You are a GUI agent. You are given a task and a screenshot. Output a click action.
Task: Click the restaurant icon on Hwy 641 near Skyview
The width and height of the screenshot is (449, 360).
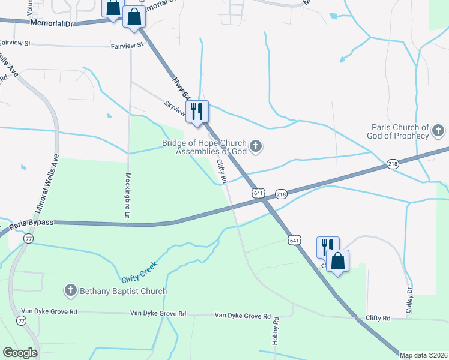point(197,111)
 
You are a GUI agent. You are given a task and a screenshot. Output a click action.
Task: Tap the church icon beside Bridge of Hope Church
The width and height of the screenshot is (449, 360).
point(256,146)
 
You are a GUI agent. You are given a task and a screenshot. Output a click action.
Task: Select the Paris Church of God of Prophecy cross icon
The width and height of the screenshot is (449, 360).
point(438,130)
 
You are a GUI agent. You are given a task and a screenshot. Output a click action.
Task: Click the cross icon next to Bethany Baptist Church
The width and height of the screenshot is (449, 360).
point(70,290)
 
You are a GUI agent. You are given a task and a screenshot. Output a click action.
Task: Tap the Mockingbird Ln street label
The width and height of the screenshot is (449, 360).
point(127,195)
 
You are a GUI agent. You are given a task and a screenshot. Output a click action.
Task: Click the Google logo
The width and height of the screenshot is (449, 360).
point(20,353)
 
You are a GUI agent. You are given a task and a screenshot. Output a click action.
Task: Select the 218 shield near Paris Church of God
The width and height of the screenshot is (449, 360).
point(393,164)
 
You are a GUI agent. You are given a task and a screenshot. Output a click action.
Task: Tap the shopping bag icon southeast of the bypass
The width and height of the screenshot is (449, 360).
point(338,261)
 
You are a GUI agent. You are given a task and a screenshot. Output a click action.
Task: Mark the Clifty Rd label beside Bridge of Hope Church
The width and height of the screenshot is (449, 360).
point(221,170)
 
